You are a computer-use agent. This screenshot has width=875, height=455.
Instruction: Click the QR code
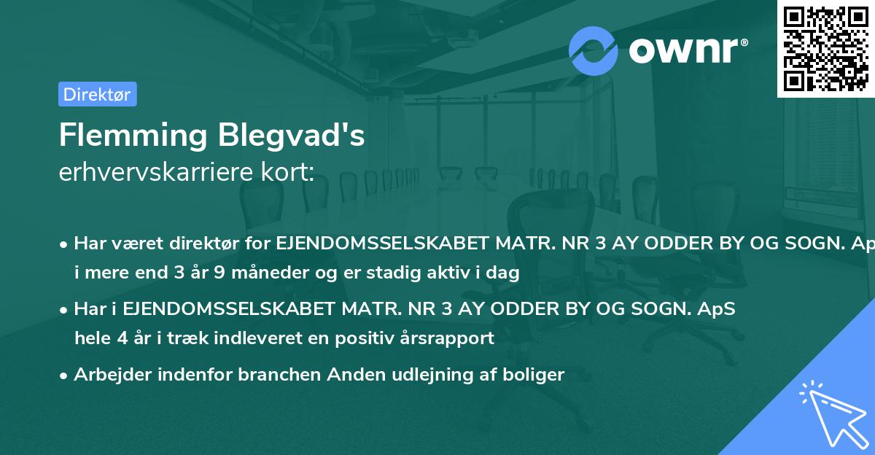click(826, 49)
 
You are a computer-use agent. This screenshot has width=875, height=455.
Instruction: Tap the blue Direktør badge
click(97, 94)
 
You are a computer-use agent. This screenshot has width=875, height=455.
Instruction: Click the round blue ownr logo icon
click(594, 50)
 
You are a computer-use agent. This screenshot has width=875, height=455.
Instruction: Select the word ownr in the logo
click(686, 51)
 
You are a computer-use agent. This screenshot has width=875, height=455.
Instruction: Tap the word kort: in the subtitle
click(289, 172)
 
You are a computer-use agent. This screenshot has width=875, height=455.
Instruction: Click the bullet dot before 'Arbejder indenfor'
click(64, 376)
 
